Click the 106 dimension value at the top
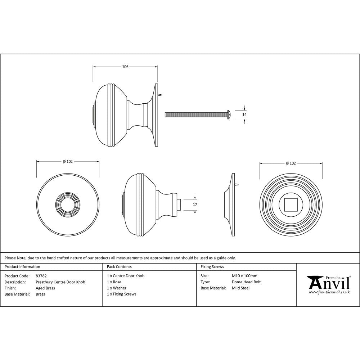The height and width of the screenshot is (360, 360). [x=125, y=67]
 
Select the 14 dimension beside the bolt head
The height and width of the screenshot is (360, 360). [x=245, y=114]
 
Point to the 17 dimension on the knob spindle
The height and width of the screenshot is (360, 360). [x=195, y=204]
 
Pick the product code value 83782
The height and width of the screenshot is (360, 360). [x=41, y=276]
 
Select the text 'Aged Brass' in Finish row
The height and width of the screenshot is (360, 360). [x=45, y=288]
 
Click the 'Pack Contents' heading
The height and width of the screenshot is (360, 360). [x=119, y=267]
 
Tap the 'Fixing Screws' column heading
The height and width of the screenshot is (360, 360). [x=212, y=267]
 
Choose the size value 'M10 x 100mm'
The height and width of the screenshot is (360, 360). [x=245, y=276]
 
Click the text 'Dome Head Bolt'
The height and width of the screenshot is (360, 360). [x=246, y=282]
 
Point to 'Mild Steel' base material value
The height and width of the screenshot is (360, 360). [x=241, y=288]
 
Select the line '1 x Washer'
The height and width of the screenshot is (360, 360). [x=117, y=288]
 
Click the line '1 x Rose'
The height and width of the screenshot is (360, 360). [x=114, y=282]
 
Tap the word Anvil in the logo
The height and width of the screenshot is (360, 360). [x=329, y=284]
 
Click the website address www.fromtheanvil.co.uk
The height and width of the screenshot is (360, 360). [x=329, y=292]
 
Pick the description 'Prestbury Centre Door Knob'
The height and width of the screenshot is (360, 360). [x=60, y=282]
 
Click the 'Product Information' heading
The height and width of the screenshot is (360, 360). [x=22, y=267]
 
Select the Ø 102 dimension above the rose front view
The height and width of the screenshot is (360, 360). [x=291, y=163]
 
